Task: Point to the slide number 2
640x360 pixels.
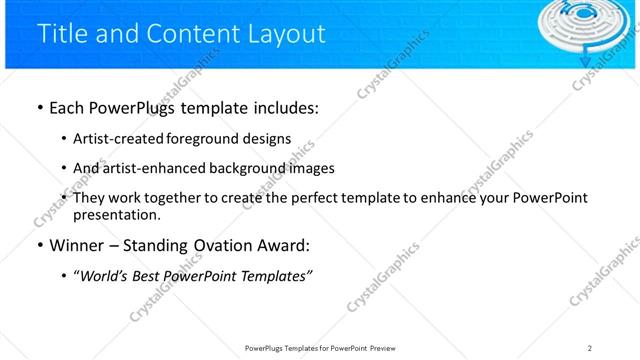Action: point(590,348)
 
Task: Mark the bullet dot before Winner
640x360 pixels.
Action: point(39,245)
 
